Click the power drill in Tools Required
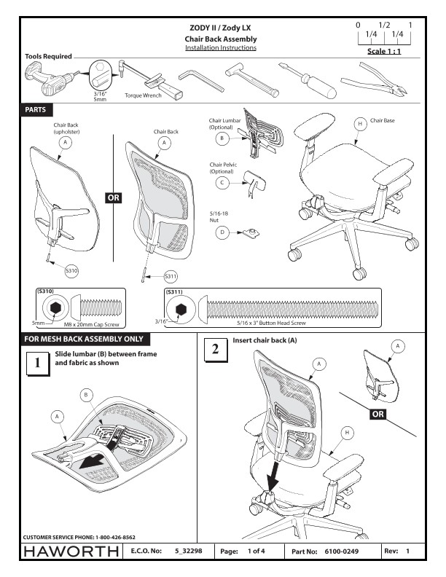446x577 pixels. coord(48,79)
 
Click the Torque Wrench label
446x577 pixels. coord(141,95)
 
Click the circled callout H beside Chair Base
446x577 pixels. coord(359,124)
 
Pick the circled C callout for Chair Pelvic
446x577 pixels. coord(220,183)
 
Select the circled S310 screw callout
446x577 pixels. coord(71,270)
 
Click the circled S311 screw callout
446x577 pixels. coord(171,276)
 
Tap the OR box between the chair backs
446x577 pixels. coord(114,197)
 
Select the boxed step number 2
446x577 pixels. coord(214,350)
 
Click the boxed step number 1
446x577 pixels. coord(36,363)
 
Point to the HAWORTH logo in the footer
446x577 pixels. coord(71,552)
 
